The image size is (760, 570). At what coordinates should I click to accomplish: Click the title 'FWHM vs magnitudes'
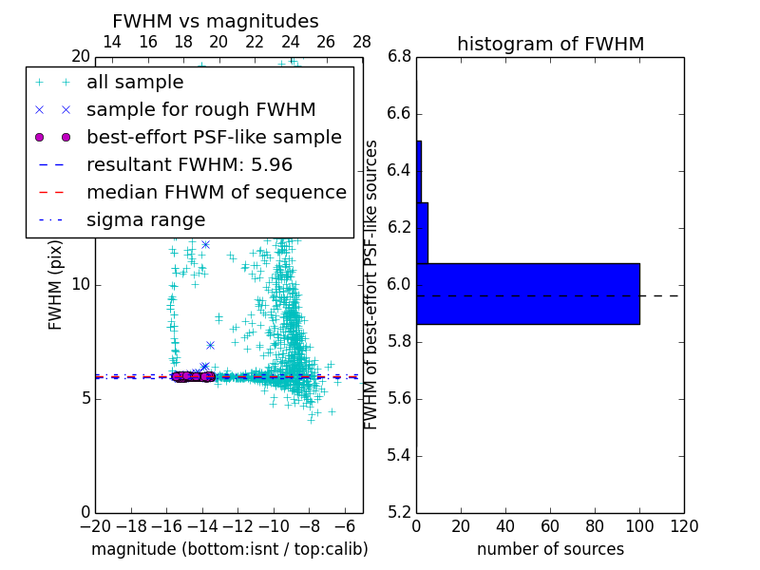[x=215, y=21]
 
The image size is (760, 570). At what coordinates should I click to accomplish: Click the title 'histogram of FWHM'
[x=550, y=44]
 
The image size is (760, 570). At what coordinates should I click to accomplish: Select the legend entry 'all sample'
[x=135, y=83]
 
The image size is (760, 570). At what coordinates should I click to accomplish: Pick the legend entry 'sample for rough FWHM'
[x=200, y=110]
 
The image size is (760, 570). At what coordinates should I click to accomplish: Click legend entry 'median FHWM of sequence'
[x=216, y=193]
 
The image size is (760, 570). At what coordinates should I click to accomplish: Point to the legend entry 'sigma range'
[x=145, y=220]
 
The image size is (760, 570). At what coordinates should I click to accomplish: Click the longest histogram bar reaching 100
[x=527, y=294]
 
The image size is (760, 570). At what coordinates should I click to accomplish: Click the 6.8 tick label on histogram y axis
[x=399, y=57]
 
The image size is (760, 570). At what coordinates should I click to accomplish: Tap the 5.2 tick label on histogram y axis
[x=399, y=512]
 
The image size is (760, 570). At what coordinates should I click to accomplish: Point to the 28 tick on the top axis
[x=362, y=42]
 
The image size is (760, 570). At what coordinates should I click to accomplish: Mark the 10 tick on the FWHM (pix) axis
[x=80, y=285]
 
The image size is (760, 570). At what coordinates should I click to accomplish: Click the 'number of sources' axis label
[x=550, y=549]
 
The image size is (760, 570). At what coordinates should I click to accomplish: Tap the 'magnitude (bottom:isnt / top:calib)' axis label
[x=229, y=549]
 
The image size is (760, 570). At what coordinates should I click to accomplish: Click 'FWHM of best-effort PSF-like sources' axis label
[x=371, y=284]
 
